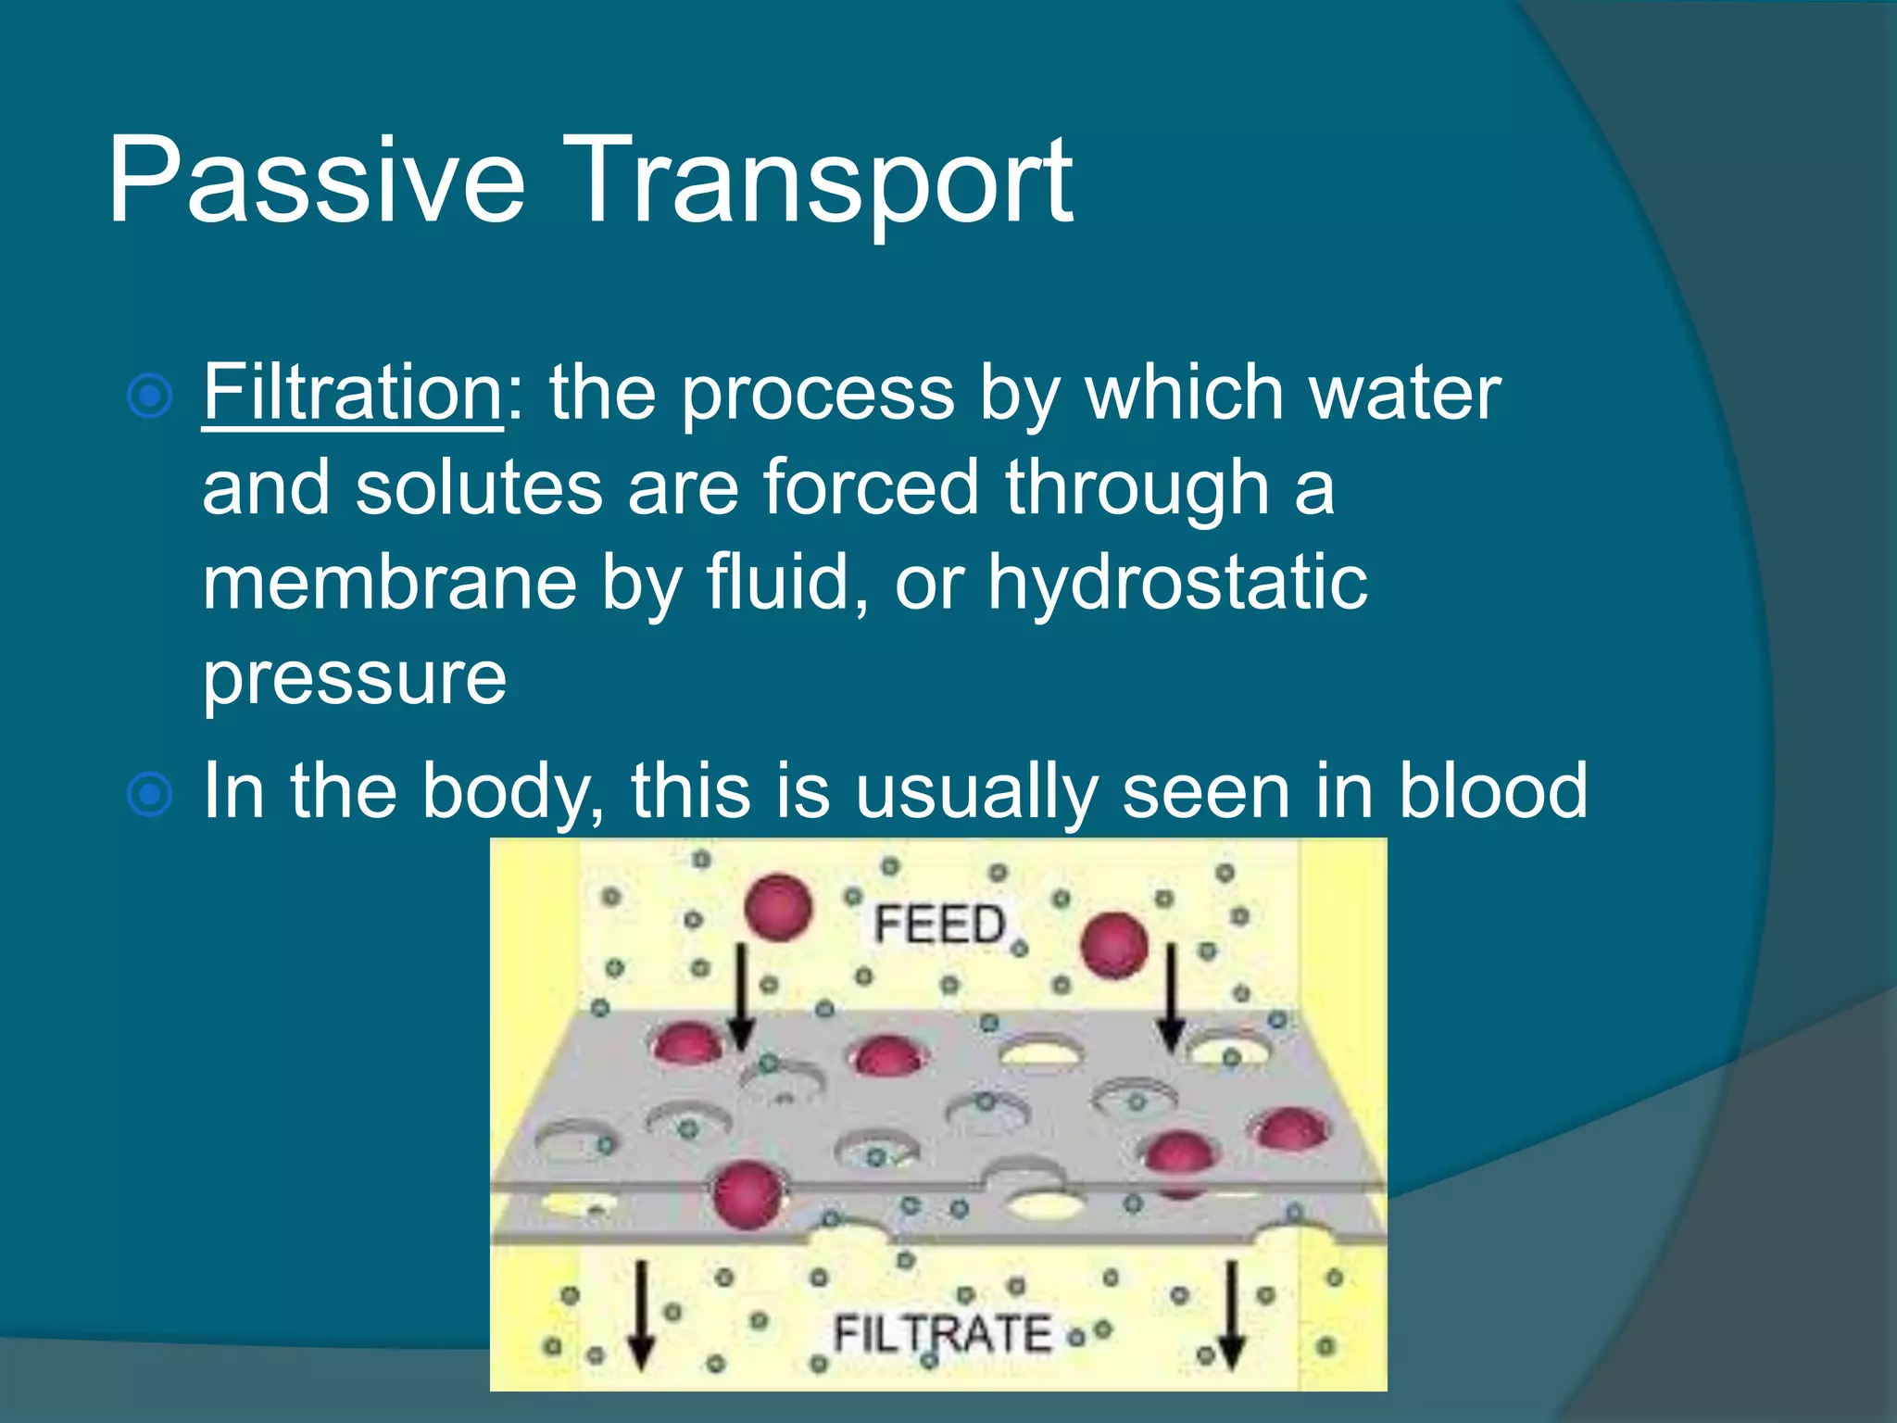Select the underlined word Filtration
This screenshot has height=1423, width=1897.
point(353,393)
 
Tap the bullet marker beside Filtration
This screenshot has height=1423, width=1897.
point(149,397)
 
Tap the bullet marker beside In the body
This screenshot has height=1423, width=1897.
point(149,795)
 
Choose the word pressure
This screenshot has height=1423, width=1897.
point(355,679)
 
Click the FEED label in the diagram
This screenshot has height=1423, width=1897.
point(939,925)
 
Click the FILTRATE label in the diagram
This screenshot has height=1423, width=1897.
point(942,1334)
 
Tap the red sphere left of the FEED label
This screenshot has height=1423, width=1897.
point(778,907)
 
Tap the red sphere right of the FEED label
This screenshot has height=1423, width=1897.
point(1115,945)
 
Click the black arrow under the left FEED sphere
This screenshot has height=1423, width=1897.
point(741,997)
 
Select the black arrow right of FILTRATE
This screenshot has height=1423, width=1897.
point(1230,1316)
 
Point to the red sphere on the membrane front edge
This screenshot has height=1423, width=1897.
point(747,1195)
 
